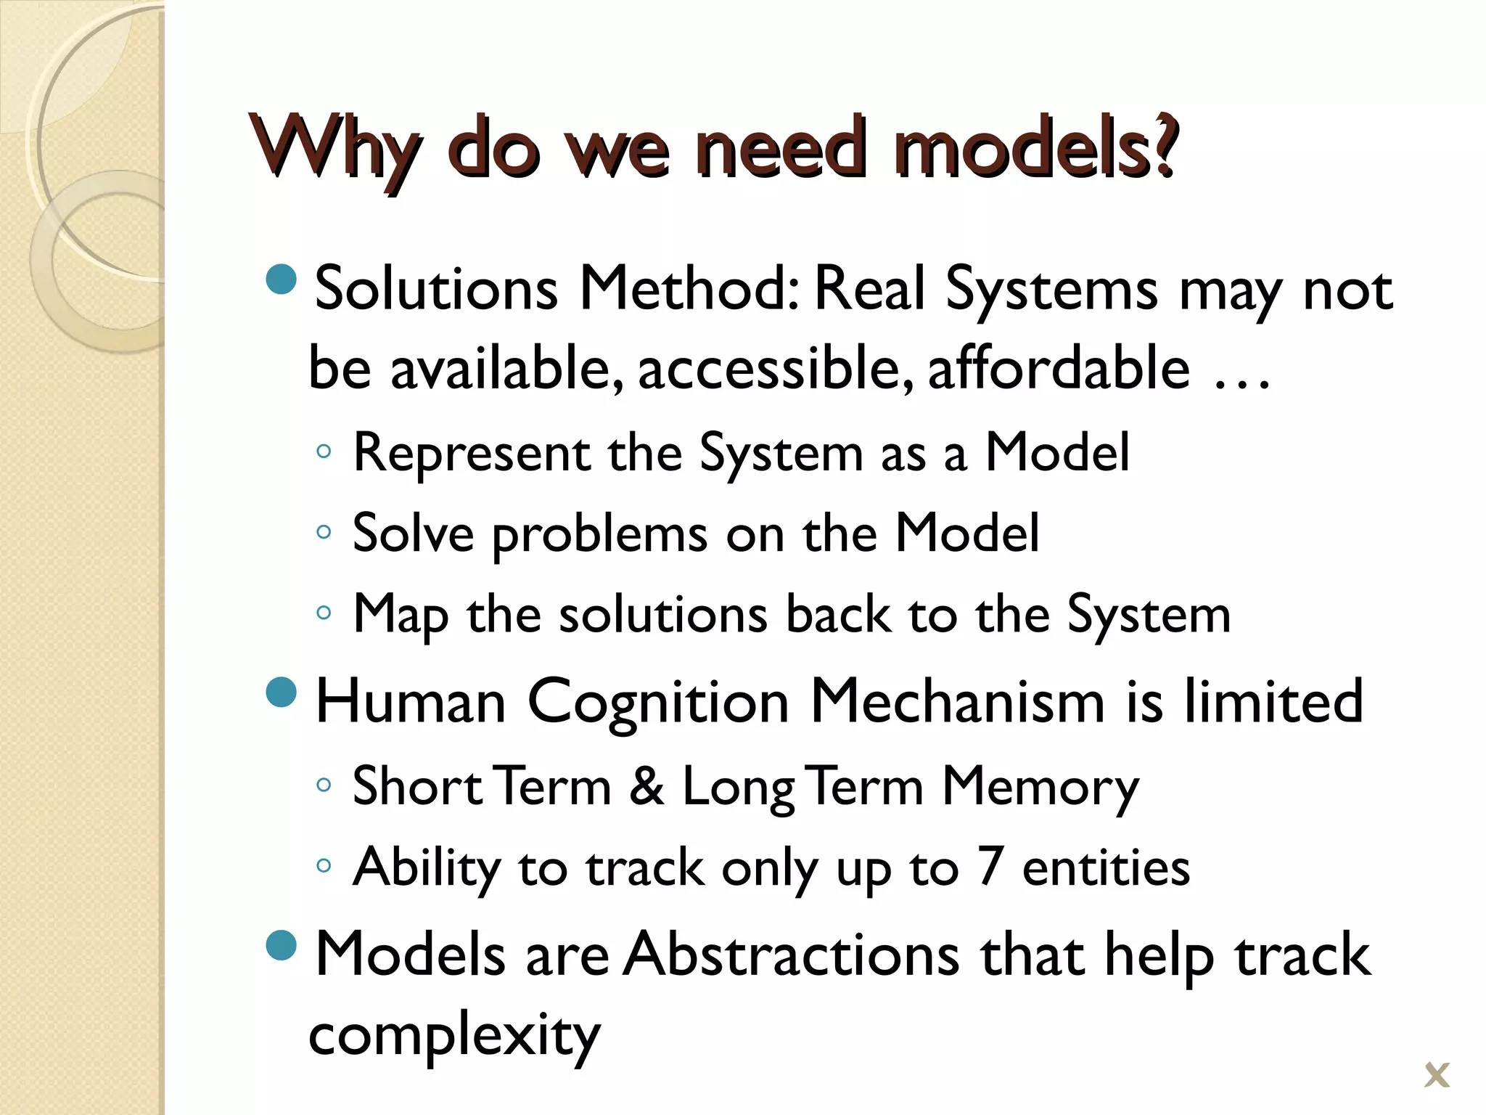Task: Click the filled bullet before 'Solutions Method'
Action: (282, 279)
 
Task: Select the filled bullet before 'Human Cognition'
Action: (282, 692)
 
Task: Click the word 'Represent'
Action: (472, 453)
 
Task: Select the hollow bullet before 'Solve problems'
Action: (324, 532)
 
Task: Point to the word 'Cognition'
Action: (657, 703)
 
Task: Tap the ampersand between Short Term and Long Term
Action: (646, 785)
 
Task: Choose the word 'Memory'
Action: (1040, 787)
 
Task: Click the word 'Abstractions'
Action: (792, 955)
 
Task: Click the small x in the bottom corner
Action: (1437, 1075)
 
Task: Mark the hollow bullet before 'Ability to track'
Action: (324, 865)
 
